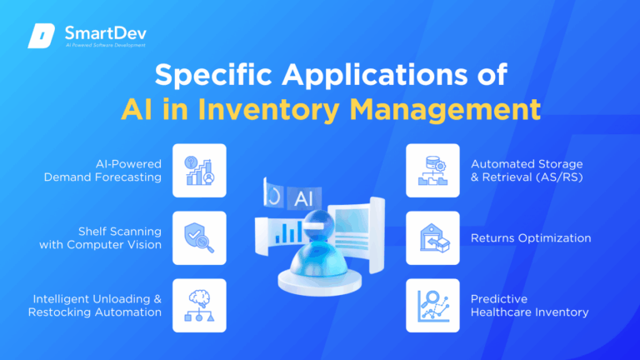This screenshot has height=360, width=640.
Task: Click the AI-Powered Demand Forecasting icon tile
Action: [199, 171]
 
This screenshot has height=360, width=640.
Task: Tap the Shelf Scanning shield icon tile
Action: [199, 237]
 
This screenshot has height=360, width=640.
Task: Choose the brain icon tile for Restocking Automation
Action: [199, 305]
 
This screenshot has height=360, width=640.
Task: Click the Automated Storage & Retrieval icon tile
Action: [432, 171]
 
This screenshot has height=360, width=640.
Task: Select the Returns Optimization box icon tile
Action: [432, 237]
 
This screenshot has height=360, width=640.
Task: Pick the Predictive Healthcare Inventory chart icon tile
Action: [432, 305]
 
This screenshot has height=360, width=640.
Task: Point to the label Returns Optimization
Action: [531, 238]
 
